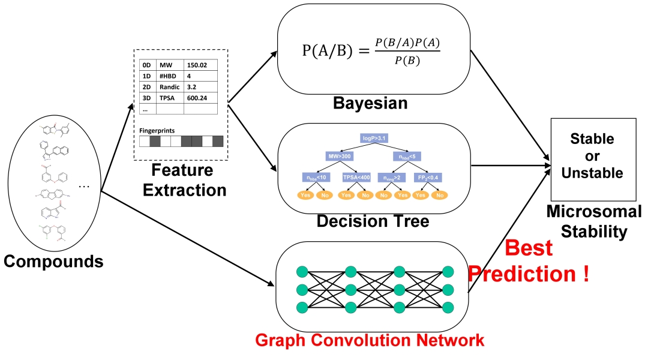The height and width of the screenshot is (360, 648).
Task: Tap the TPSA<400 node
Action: point(355,177)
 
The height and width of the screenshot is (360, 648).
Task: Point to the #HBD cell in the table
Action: point(169,76)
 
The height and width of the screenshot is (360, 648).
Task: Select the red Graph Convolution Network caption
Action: point(369,341)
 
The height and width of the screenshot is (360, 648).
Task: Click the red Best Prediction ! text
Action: point(528,261)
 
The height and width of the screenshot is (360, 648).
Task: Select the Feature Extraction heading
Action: point(180,179)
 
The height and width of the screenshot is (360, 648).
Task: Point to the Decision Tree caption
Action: point(373,221)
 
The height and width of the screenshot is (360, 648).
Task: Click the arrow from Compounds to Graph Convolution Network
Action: point(186,237)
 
